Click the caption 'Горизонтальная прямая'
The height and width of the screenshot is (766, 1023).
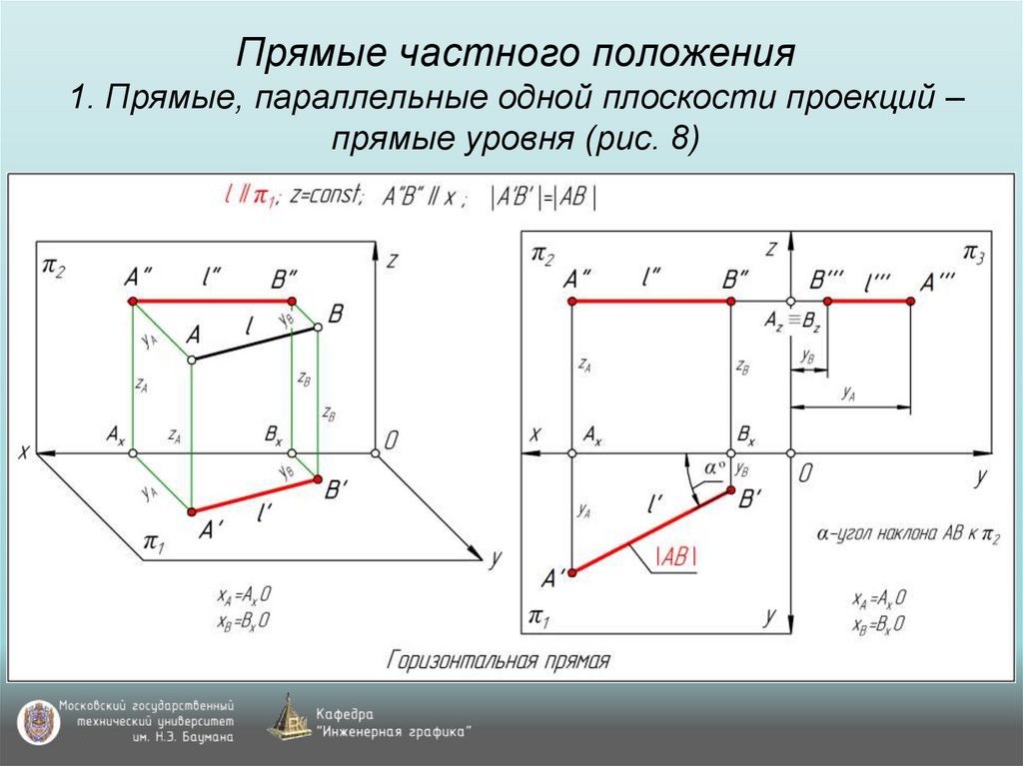[498, 660]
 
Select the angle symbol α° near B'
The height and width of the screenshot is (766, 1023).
[712, 467]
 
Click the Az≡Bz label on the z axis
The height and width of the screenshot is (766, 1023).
[792, 322]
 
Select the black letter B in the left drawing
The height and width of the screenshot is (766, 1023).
[336, 314]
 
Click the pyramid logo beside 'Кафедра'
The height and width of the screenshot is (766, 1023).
[289, 718]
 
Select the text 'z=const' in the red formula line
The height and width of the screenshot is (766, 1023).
[327, 196]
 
